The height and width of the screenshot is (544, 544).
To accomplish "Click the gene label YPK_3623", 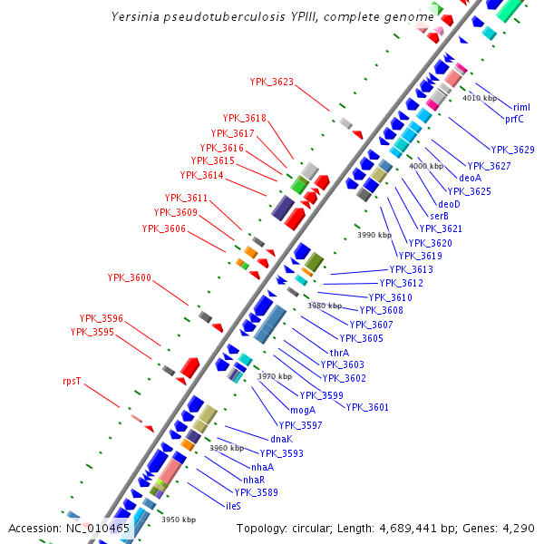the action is [x=271, y=82].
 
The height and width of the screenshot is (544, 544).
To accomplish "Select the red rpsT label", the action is [x=72, y=382].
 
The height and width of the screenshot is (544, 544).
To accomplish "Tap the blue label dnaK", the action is [x=281, y=439].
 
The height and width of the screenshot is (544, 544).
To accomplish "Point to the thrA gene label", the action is [x=339, y=353].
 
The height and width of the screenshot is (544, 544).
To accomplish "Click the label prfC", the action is [x=515, y=119].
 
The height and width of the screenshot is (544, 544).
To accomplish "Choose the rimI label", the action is [x=521, y=107].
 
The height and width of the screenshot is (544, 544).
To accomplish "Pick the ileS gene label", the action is [x=233, y=505].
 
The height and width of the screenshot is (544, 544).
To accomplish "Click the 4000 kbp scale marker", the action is [x=425, y=167].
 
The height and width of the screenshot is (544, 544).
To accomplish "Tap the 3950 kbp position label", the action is [x=179, y=520].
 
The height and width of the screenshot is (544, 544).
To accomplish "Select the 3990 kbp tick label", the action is [x=374, y=235].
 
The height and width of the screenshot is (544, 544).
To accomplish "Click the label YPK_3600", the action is [x=129, y=277].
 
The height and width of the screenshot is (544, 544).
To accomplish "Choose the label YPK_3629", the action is [x=512, y=150].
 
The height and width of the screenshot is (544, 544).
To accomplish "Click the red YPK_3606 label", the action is [x=163, y=228].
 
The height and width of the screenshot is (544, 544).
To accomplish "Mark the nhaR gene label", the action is [x=254, y=479].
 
